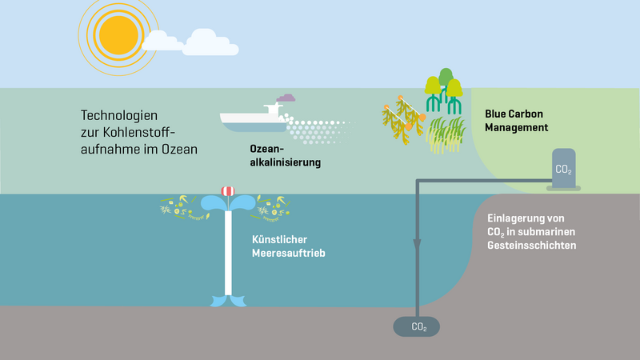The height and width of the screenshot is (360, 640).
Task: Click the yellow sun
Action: click(x=116, y=33)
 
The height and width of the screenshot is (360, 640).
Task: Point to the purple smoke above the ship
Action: click(x=285, y=98)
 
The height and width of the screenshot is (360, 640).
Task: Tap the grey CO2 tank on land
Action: click(x=564, y=169)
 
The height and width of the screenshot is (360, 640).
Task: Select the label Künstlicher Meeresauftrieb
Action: click(x=289, y=246)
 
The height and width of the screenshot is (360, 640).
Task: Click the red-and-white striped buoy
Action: click(x=228, y=191)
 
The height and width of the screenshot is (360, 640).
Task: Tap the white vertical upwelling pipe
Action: click(x=228, y=256)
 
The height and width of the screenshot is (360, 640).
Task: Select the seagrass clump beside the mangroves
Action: click(x=446, y=134)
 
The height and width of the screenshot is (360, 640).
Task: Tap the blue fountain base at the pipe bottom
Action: click(x=227, y=301)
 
